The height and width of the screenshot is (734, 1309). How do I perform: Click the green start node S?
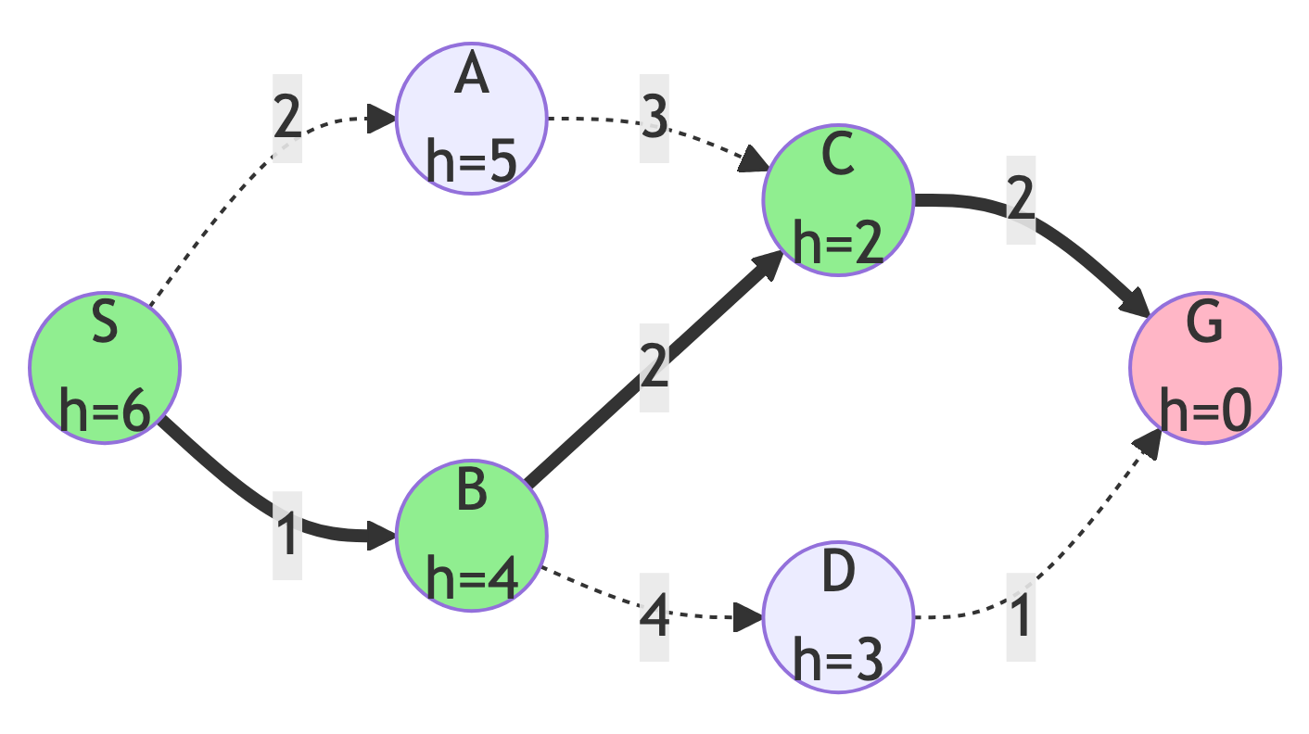point(105,368)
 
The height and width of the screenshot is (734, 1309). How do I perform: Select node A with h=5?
point(472,119)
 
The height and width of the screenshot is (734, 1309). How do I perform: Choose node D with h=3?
point(838,617)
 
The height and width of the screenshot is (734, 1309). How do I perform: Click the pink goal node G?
point(1205,368)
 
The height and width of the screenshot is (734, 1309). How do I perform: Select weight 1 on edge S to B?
point(287,536)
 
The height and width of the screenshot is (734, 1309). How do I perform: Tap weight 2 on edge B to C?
point(654,368)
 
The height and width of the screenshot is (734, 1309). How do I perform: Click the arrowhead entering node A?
point(384,118)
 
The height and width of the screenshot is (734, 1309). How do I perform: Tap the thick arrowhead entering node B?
point(383,535)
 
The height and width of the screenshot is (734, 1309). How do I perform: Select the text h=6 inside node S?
point(105,411)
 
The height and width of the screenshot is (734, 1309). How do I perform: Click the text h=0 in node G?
point(1205,411)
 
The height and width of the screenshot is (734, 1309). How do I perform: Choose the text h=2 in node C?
point(838,245)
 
